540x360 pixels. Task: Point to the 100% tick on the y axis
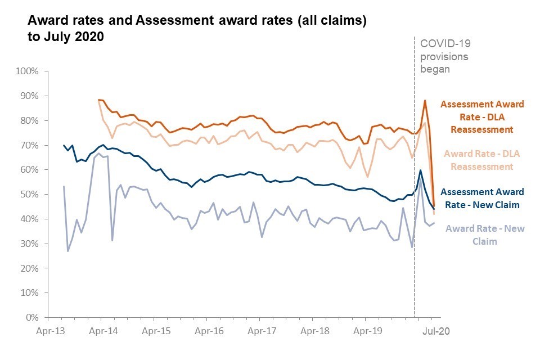[26, 71]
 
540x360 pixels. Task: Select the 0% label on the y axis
[31, 318]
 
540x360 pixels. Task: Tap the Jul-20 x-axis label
[436, 332]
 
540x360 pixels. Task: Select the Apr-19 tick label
[368, 332]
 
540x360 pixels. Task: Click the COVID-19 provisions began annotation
[444, 56]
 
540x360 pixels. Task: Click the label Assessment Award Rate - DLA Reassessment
[482, 117]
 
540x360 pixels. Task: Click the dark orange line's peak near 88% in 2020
[425, 101]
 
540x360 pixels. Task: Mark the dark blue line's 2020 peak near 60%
[420, 170]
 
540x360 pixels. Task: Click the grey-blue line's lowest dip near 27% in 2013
[68, 251]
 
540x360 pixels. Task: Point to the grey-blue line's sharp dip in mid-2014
[112, 241]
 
